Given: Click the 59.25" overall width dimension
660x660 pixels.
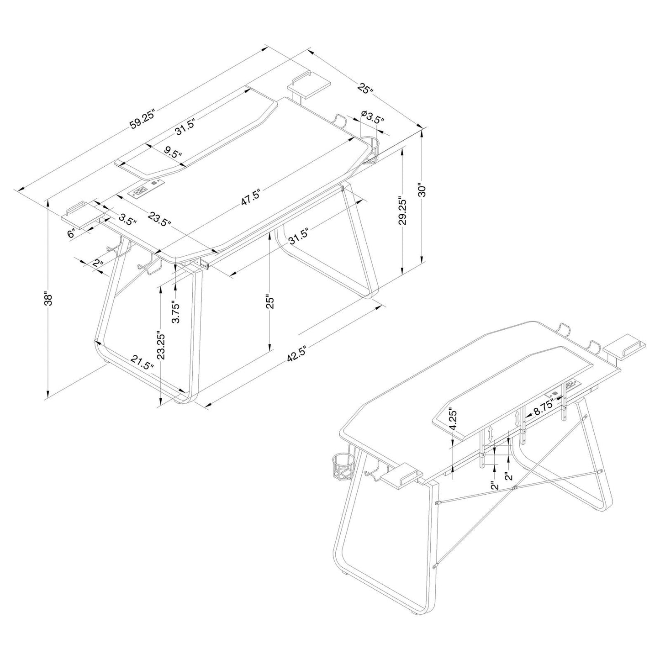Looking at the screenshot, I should click(x=143, y=120).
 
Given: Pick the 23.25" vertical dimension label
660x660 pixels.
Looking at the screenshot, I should click(x=159, y=346).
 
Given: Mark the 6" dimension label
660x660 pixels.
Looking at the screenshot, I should click(x=72, y=233).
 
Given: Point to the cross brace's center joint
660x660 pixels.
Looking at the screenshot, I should click(x=514, y=487).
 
